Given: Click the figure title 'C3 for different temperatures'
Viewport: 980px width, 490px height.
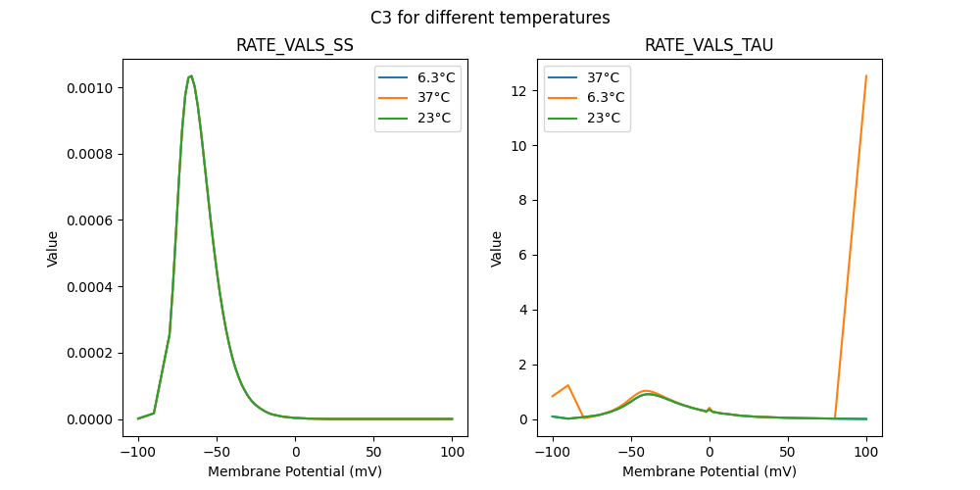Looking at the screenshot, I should [x=490, y=18].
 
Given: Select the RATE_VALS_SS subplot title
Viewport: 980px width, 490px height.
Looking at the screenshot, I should [x=295, y=45].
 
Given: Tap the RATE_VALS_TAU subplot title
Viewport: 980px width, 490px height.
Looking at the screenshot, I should [x=710, y=45].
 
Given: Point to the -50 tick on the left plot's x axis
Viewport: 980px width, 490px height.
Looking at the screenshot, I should [x=217, y=454].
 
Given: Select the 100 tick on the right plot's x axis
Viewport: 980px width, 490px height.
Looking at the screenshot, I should [x=866, y=454].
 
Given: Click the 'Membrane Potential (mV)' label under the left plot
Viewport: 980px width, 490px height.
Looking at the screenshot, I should [x=295, y=471].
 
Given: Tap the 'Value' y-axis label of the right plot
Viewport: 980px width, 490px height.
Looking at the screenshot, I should [x=497, y=248].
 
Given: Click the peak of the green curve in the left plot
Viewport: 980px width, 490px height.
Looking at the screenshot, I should [x=190, y=75].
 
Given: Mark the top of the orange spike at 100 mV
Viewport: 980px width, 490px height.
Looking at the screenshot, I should [x=866, y=75].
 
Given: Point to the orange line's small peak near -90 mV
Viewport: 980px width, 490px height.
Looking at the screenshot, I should [x=568, y=385].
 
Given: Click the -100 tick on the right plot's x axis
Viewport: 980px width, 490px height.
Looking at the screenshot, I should [x=552, y=454].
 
